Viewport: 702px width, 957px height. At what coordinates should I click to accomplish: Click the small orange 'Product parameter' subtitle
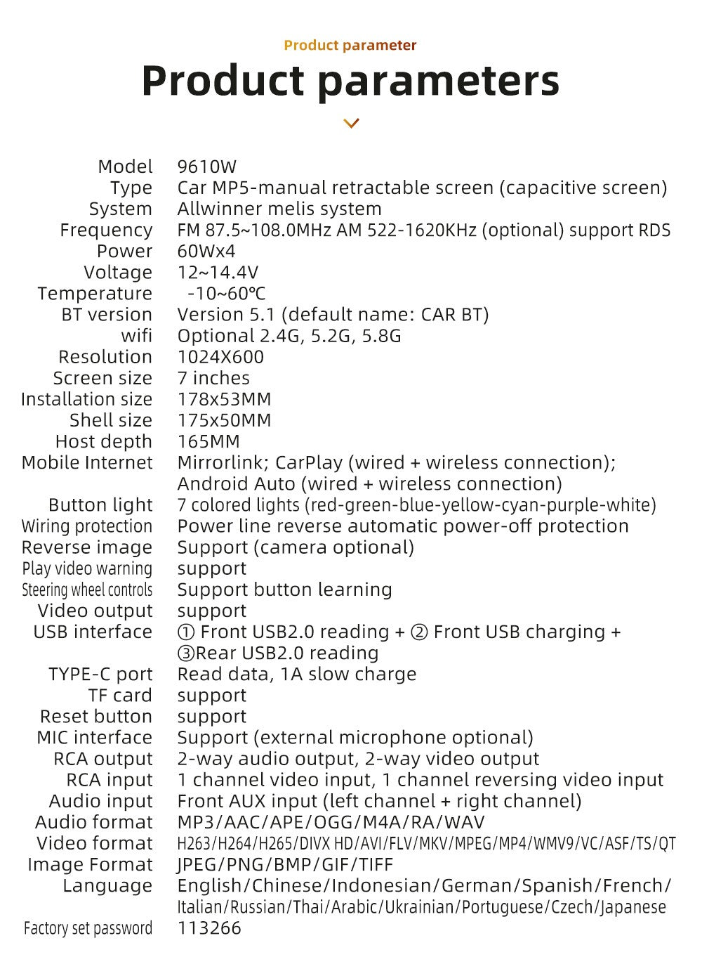350,46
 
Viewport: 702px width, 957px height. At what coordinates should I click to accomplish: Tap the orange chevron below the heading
351,124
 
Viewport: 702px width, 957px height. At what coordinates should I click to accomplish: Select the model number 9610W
207,167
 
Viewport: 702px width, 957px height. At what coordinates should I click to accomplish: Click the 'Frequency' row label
106,230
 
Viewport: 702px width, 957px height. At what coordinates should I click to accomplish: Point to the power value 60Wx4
206,252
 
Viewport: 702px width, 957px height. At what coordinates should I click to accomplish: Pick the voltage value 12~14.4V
218,273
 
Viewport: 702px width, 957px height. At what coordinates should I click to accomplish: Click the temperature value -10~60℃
226,294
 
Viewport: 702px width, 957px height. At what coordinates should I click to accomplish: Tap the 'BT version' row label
107,315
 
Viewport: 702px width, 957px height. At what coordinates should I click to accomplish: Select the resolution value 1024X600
220,357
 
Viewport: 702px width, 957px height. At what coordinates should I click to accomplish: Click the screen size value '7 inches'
213,378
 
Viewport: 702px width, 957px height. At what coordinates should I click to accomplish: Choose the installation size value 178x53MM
224,400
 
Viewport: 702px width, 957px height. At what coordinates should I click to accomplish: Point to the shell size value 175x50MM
224,421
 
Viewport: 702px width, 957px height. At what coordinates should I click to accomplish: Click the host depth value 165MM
208,442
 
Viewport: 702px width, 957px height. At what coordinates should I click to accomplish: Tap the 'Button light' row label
100,505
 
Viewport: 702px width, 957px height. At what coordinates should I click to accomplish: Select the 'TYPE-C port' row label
100,675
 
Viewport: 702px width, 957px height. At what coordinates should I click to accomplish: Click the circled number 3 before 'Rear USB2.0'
186,653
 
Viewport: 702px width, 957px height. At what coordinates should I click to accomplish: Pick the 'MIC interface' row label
95,738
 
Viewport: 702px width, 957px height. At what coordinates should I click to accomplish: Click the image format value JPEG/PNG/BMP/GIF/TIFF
285,865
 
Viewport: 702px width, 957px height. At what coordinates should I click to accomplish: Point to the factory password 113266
209,928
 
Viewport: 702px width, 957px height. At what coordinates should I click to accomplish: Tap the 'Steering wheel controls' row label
87,590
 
